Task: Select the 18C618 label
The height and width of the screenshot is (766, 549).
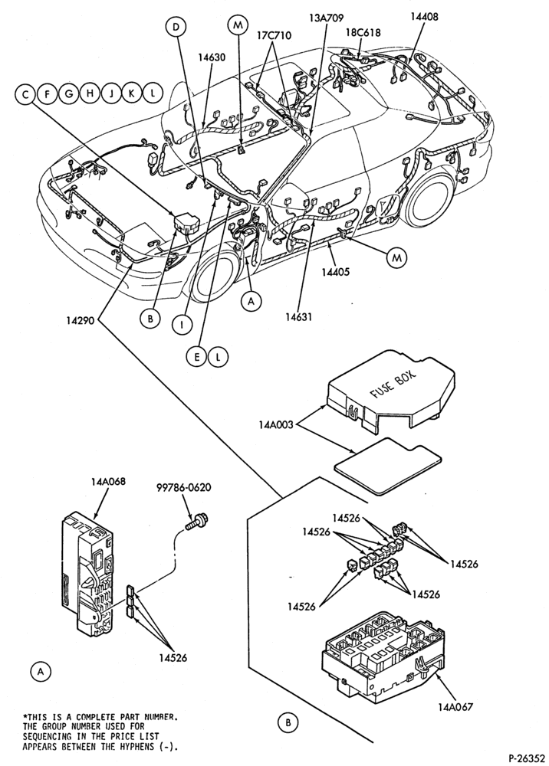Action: [363, 33]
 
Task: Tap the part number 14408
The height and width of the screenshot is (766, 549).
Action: [424, 16]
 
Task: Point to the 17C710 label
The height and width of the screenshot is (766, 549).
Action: [274, 36]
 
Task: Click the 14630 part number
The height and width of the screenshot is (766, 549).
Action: [212, 57]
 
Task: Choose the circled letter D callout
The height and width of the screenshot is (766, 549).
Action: [176, 28]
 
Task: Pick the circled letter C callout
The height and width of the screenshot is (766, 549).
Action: [25, 93]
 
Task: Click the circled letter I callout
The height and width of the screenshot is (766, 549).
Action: [182, 324]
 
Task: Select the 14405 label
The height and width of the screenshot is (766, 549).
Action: [335, 272]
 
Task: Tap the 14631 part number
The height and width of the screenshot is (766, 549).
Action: [299, 316]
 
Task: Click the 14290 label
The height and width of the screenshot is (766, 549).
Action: [81, 321]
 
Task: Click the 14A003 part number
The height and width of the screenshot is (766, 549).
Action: [276, 424]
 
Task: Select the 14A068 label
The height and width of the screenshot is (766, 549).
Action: [108, 481]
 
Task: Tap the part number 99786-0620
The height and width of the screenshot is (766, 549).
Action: [184, 487]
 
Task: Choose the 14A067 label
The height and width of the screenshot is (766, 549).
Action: [455, 706]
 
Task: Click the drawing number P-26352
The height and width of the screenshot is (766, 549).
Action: [526, 758]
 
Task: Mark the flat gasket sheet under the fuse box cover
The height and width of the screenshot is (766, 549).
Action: [387, 464]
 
